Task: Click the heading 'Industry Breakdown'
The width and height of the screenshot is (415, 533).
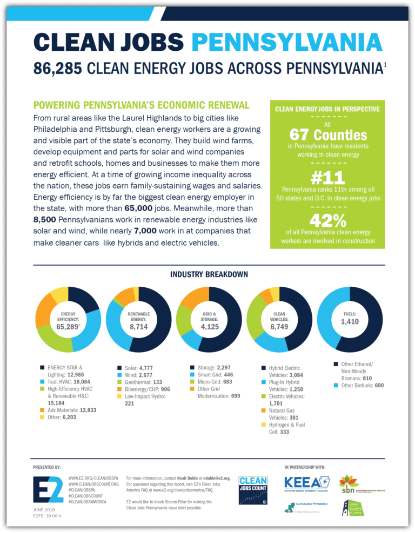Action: tap(209, 274)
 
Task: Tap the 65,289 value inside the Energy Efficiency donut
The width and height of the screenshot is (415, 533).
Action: tap(67, 326)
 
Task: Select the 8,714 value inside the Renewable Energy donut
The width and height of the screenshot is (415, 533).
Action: tap(139, 327)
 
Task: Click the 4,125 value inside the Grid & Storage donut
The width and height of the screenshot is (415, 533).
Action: tap(210, 327)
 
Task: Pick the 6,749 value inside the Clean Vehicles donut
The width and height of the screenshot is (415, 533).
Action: tap(279, 327)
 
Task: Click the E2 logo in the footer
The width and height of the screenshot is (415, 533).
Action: tap(48, 489)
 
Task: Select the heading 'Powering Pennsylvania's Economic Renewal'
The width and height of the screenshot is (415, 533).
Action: tap(141, 105)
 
